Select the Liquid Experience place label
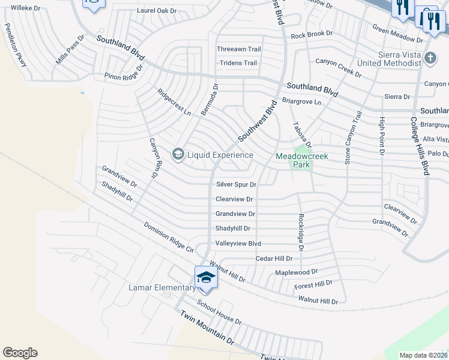coord(220,155)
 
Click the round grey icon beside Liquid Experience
coord(178,155)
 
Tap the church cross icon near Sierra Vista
coord(430,59)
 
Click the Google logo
coord(20,353)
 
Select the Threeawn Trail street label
coord(239,49)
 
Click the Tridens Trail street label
coord(238,63)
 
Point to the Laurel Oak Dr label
coord(157,11)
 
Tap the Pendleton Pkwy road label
coord(16,44)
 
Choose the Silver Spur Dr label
coord(237,185)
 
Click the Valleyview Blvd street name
coord(238,244)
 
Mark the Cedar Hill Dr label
coord(274,259)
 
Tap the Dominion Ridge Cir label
coord(169,237)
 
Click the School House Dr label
coord(219,313)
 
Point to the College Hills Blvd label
coord(419,145)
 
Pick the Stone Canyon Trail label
coord(353,137)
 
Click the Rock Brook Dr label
coord(312,35)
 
